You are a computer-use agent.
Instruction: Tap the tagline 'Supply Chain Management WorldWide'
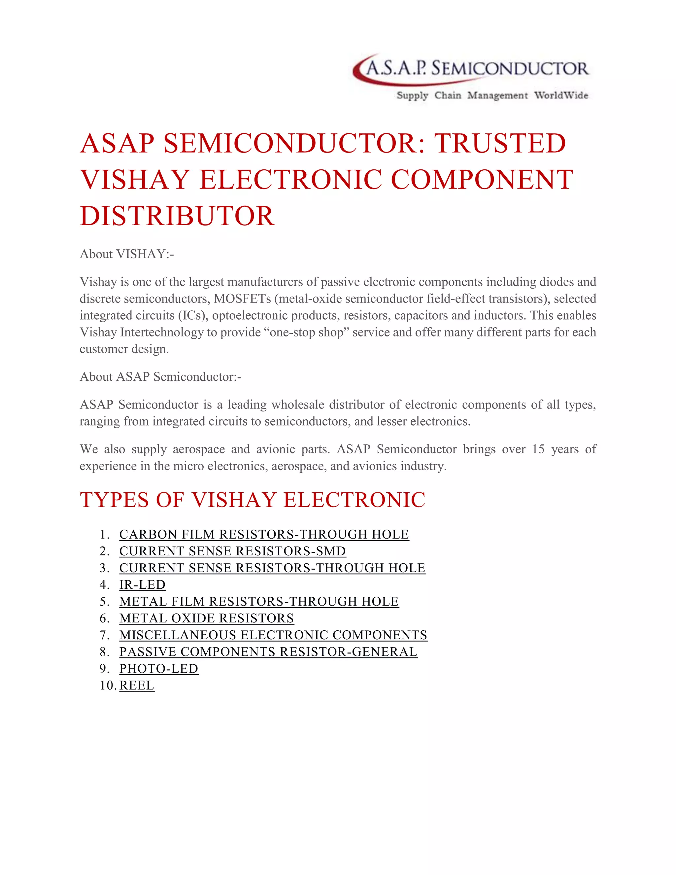492,95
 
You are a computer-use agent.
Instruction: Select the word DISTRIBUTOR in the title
177,216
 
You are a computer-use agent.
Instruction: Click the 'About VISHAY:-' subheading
126,254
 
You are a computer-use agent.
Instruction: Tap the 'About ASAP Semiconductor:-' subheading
160,377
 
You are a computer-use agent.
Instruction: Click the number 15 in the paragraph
538,449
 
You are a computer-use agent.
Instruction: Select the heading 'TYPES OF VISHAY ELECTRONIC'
252,500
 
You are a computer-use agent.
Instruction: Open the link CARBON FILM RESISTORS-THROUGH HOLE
264,535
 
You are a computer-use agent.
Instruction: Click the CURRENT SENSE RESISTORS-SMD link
232,551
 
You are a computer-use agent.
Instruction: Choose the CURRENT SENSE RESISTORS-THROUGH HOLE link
272,568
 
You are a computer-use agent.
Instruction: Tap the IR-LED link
142,585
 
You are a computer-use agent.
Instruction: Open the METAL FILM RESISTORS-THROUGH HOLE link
259,602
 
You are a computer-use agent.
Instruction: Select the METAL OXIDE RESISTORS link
206,618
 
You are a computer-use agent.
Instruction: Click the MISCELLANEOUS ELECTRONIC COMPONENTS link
273,635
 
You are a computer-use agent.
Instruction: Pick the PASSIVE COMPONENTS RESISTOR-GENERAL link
268,652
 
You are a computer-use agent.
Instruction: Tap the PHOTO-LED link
158,669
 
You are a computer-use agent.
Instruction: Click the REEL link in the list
137,686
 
